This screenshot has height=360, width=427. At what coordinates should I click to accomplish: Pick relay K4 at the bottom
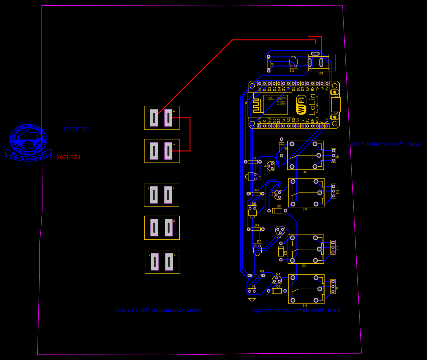[306, 289]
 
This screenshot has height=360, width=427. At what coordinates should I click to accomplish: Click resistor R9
[256, 275]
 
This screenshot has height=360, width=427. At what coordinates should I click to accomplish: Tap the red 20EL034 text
[68, 157]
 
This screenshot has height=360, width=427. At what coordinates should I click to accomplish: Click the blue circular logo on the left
[29, 142]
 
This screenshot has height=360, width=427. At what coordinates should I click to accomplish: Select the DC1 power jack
[321, 62]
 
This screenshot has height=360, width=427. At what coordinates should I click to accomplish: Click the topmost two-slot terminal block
[161, 118]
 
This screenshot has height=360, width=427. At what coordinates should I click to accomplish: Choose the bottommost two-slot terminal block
[162, 261]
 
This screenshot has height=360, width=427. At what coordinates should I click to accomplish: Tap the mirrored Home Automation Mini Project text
[159, 310]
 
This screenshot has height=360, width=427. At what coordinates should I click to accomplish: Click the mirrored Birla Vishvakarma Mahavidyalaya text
[296, 310]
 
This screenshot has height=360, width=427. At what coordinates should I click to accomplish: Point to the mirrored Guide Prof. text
[386, 144]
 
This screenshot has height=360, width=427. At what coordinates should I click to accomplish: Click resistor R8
[256, 229]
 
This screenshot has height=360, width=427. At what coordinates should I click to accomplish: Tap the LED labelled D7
[257, 248]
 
